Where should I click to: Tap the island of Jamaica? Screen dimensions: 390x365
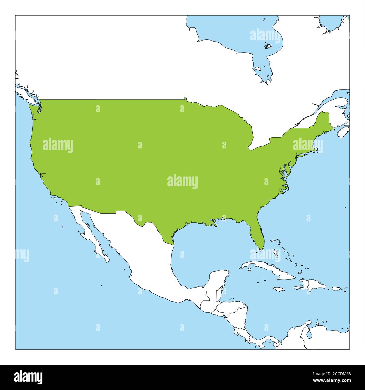point(279,289)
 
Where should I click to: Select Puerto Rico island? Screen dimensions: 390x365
point(336,288)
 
